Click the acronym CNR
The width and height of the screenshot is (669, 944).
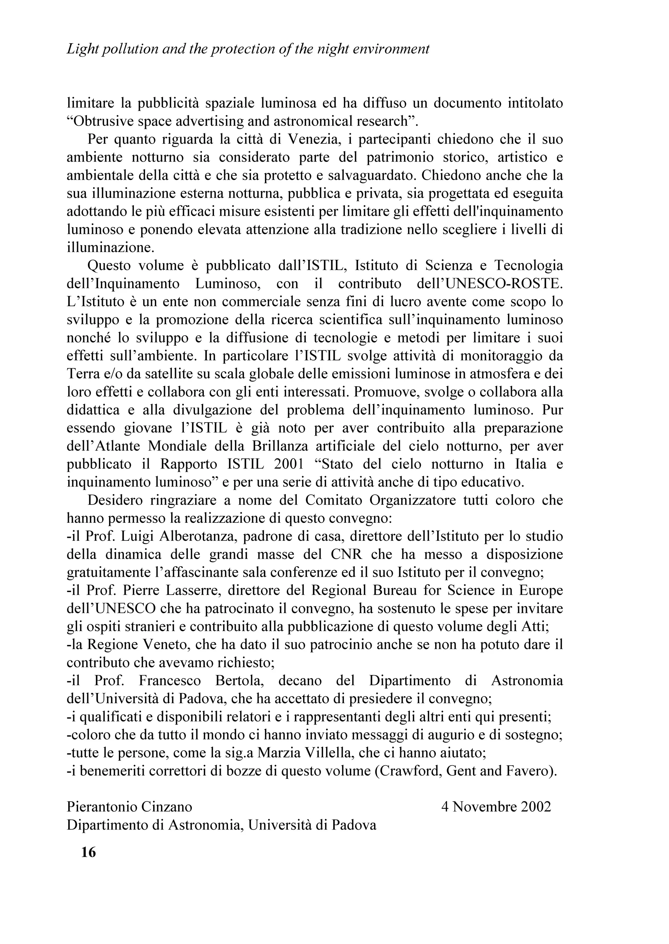(346, 555)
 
